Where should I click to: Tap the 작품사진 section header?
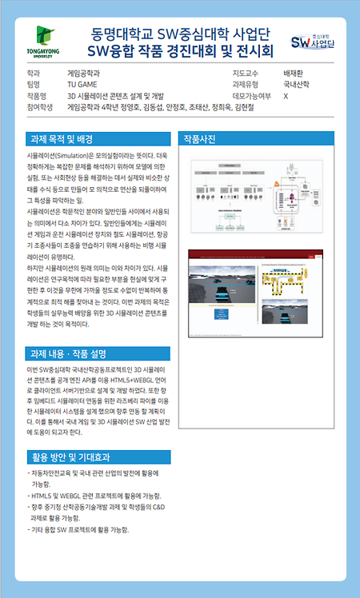(200, 138)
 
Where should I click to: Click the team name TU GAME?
(84, 83)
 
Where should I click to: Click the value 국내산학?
(298, 83)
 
